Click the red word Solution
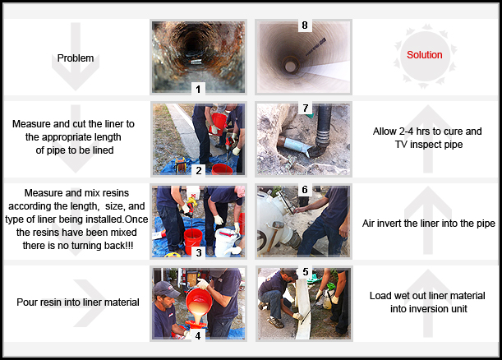click(425, 55)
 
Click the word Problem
click(76, 58)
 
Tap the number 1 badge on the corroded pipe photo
click(198, 89)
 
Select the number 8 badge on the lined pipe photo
click(305, 25)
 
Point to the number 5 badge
click(306, 272)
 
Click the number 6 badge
click(305, 190)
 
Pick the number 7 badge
click(305, 108)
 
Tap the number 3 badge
click(199, 252)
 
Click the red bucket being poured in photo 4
click(199, 301)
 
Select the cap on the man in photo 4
click(165, 288)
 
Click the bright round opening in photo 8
click(290, 67)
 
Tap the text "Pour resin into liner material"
click(78, 302)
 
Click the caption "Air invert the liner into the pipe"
click(428, 224)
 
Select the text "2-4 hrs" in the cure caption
click(415, 132)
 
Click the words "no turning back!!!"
click(95, 245)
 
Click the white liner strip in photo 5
click(302, 307)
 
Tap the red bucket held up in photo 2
click(219, 123)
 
